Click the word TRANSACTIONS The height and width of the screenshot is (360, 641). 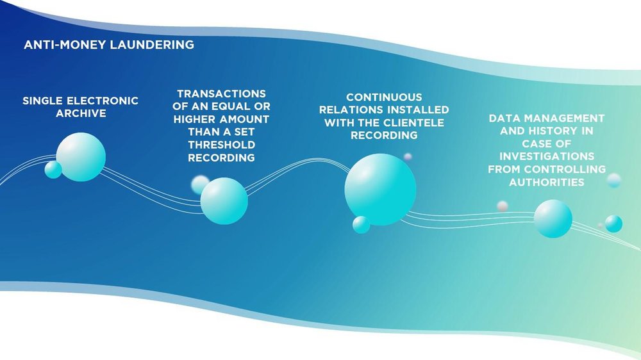pos(221,94)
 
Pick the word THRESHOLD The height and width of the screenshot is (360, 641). pos(221,145)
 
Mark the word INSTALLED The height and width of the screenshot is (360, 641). pos(413,110)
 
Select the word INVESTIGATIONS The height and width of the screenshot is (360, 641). pos(547,156)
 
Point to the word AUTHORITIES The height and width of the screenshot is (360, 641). pos(547,182)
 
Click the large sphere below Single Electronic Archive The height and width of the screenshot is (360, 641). pos(80,157)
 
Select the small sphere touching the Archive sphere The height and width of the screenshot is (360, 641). pos(53,170)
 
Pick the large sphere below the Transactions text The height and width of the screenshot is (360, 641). pos(224,200)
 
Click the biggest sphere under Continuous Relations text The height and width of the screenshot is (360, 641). pos(380,190)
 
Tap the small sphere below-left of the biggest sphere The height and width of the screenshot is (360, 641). pos(361,225)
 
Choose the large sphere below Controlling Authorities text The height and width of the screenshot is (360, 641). pos(553,218)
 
